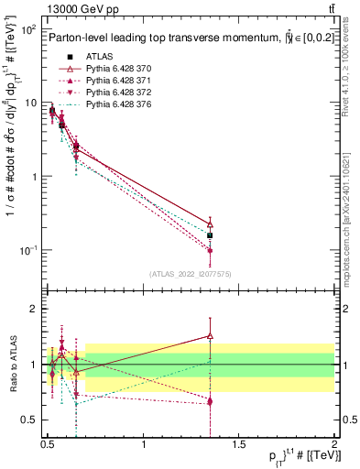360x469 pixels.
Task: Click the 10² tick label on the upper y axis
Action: click(27, 30)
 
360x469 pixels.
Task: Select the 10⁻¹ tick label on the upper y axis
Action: click(27, 250)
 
